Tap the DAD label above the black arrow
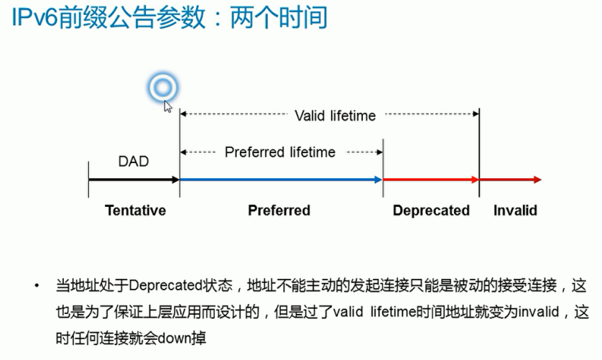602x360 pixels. click(x=133, y=161)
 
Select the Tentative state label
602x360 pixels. click(x=135, y=211)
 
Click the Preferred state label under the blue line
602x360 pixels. click(x=279, y=211)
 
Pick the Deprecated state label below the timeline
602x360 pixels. click(x=431, y=211)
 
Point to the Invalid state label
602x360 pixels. click(x=515, y=211)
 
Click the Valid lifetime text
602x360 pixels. click(x=335, y=115)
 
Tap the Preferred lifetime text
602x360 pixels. click(x=280, y=152)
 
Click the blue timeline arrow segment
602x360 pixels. click(x=280, y=180)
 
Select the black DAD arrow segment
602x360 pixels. click(x=133, y=180)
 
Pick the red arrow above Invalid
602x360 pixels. click(x=510, y=180)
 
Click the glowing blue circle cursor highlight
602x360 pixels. click(x=162, y=88)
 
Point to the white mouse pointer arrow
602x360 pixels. click(x=168, y=106)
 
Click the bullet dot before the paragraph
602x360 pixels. click(x=37, y=286)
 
